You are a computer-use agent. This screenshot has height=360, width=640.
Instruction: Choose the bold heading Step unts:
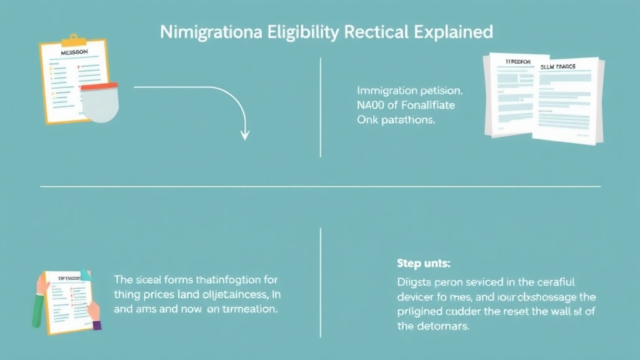[423, 263]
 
